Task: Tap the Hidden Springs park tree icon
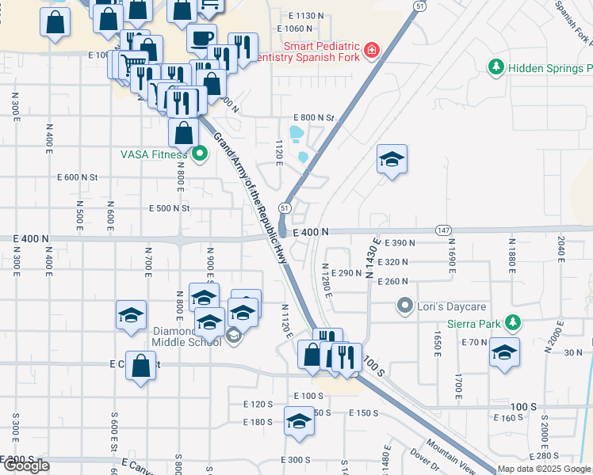pyautogui.click(x=496, y=68)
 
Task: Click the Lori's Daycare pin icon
pyautogui.click(x=405, y=306)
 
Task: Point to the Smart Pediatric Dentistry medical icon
pyautogui.click(x=370, y=52)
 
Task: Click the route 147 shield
pyautogui.click(x=443, y=230)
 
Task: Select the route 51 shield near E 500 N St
pyautogui.click(x=285, y=207)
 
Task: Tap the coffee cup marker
pyautogui.click(x=201, y=37)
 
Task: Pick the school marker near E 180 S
pyautogui.click(x=299, y=420)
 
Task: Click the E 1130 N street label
pyautogui.click(x=307, y=16)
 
